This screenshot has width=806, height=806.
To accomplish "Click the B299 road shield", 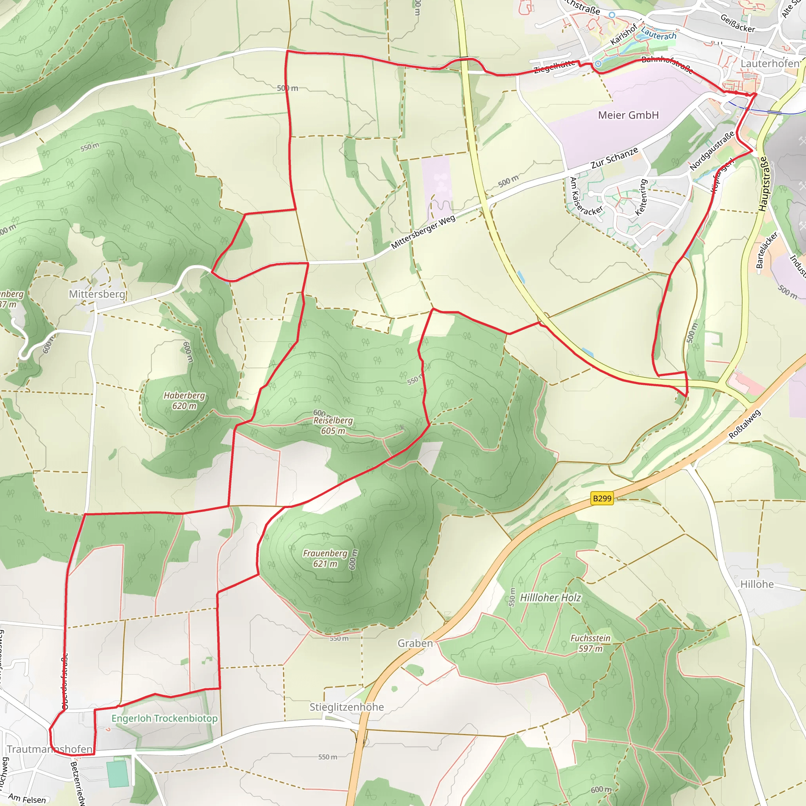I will pyautogui.click(x=602, y=498).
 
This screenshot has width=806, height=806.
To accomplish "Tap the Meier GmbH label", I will pyautogui.click(x=628, y=115).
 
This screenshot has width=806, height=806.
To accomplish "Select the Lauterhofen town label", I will pyautogui.click(x=770, y=63).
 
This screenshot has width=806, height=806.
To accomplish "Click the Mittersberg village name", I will pyautogui.click(x=97, y=294).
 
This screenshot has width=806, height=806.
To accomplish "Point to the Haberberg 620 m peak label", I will pyautogui.click(x=184, y=401).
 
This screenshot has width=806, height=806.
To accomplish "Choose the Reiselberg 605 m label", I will pyautogui.click(x=333, y=425).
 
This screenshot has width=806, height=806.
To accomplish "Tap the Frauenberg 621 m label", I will pyautogui.click(x=325, y=558).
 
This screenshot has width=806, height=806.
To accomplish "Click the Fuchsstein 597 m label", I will pyautogui.click(x=590, y=643).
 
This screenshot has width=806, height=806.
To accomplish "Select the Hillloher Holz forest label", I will pyautogui.click(x=550, y=598).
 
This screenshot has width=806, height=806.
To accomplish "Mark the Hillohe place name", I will pyautogui.click(x=757, y=584).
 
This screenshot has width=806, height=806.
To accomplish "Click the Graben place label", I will pyautogui.click(x=415, y=643).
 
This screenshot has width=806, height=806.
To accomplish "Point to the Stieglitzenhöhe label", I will pyautogui.click(x=347, y=707).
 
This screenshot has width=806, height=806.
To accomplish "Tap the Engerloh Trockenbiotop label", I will pyautogui.click(x=165, y=718).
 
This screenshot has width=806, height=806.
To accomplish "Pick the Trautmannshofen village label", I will pyautogui.click(x=50, y=749).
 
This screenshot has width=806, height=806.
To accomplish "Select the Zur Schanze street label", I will pyautogui.click(x=614, y=158).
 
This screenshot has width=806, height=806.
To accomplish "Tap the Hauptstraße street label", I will pyautogui.click(x=763, y=183).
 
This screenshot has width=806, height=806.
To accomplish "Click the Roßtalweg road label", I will pyautogui.click(x=745, y=424).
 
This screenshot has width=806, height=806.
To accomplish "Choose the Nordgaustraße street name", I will pyautogui.click(x=712, y=151).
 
